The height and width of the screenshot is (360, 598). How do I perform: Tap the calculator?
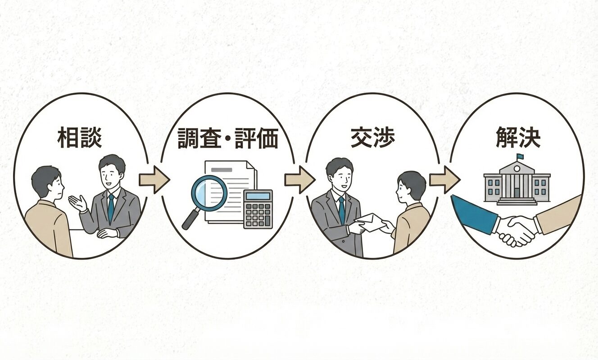258,209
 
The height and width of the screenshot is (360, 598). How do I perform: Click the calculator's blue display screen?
258,196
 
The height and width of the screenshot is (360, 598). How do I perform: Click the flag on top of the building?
520,157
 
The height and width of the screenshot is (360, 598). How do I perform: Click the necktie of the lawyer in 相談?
110,207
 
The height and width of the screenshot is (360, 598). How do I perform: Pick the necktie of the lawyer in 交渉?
341,210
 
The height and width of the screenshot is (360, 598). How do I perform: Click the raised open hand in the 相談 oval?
77,203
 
